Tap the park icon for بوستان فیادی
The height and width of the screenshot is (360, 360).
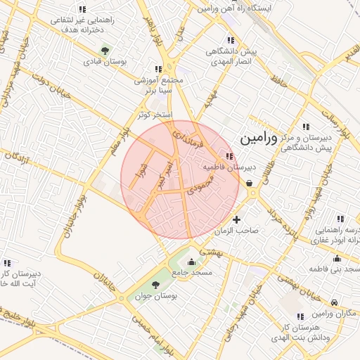point(105,50)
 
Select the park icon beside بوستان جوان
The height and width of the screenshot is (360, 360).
point(155,285)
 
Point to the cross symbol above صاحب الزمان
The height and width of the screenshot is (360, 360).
point(236,219)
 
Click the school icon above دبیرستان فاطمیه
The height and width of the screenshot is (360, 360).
point(229,156)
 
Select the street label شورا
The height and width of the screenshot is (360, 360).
point(143,172)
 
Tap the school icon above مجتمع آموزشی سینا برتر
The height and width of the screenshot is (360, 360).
point(159,68)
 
